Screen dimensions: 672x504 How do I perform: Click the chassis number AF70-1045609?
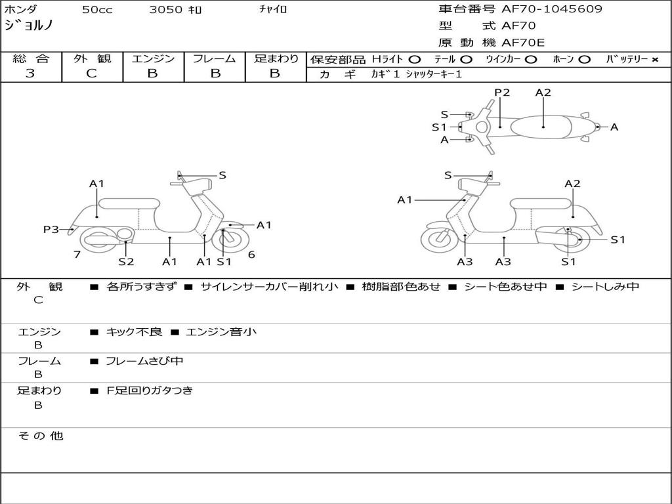click(x=552, y=9)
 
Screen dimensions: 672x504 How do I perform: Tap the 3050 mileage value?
click(x=166, y=9)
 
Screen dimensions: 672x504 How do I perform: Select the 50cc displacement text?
click(x=97, y=9)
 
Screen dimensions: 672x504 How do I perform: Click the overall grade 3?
click(x=30, y=73)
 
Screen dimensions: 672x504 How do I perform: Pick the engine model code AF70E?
click(x=523, y=43)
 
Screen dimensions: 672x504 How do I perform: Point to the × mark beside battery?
click(x=655, y=60)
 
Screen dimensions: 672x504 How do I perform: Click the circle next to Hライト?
click(x=415, y=60)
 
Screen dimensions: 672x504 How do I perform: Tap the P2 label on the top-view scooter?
click(x=502, y=93)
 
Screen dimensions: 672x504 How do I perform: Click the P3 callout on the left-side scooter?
click(x=51, y=229)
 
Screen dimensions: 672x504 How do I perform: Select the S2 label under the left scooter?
click(x=126, y=261)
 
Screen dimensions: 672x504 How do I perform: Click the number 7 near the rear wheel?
click(x=77, y=255)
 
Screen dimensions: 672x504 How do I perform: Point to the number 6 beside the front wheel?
click(x=251, y=255)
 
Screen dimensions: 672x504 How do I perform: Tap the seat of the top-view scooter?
click(x=541, y=127)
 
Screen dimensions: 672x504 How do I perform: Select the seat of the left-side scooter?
click(x=129, y=203)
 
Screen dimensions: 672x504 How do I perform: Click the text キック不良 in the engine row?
click(x=134, y=332)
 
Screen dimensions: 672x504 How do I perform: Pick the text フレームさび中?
click(x=144, y=362)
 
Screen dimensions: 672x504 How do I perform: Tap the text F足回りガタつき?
click(x=150, y=390)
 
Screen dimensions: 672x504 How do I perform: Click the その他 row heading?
click(x=40, y=436)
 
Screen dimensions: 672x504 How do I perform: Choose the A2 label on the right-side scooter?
click(x=572, y=184)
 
